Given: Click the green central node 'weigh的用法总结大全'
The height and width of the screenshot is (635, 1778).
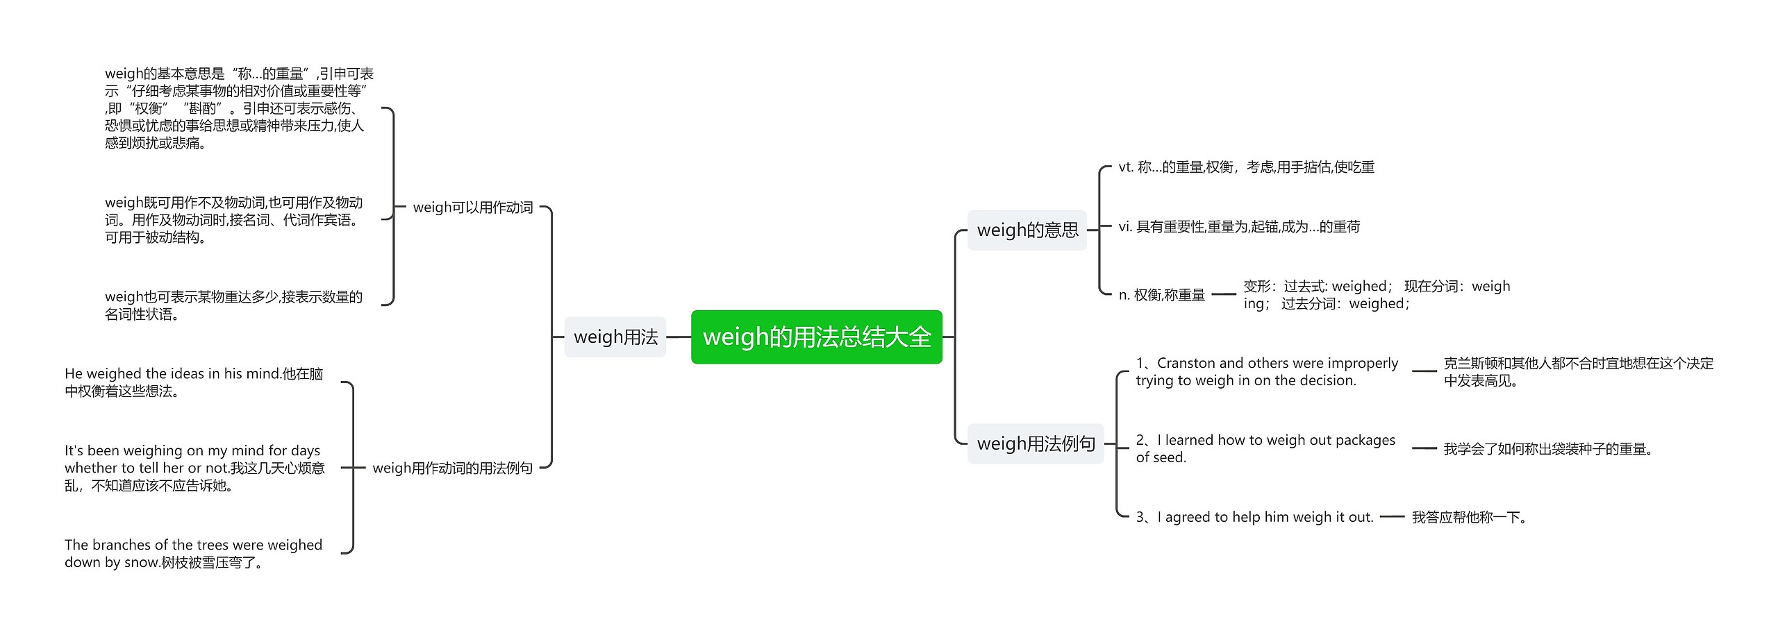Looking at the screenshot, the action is point(816,337).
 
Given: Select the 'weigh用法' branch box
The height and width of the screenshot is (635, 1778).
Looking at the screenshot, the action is point(615,337).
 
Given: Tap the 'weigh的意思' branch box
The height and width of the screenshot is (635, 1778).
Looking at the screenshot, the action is point(1027,230).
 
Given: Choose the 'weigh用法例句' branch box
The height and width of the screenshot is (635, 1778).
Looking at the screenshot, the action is point(1036,443).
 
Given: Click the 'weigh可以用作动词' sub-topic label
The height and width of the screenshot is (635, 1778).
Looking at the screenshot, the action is point(473,208).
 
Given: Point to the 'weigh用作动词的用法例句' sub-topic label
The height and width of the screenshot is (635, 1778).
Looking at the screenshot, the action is point(453,468).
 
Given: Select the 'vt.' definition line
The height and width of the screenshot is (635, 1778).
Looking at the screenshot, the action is point(1247,167).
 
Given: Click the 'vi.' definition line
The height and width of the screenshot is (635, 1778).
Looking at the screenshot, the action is point(1239,227).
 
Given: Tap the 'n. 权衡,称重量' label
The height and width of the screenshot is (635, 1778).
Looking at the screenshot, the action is point(1162,295).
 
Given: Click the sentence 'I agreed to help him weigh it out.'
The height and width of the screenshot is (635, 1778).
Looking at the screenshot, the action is point(1265,517).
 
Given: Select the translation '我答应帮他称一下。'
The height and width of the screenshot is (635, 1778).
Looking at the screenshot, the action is point(1469,517).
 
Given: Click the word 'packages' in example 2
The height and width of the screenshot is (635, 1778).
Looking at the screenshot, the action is point(1365,440).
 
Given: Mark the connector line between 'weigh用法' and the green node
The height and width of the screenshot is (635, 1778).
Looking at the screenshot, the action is point(679,337).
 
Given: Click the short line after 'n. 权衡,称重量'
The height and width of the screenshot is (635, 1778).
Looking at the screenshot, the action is point(1224,295).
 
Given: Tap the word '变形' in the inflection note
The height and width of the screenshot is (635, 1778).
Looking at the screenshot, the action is point(1256,287).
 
